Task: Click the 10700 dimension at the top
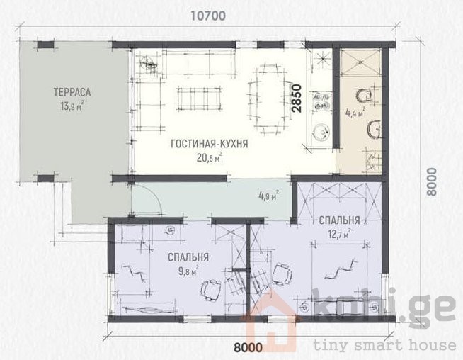(207, 16)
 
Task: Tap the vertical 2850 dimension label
(296, 98)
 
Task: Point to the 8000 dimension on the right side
(431, 181)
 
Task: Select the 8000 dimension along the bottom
(248, 347)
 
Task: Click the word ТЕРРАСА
(72, 92)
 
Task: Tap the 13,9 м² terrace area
(72, 106)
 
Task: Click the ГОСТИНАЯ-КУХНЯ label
(210, 144)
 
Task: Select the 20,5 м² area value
(210, 157)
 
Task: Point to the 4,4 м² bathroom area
(355, 112)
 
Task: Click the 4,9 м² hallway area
(269, 196)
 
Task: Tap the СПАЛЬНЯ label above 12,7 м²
(339, 220)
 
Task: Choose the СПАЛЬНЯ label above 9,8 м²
(188, 257)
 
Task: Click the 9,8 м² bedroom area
(188, 271)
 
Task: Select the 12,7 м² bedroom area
(339, 234)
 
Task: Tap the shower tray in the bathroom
(360, 62)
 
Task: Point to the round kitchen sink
(321, 132)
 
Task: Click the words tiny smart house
(384, 345)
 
